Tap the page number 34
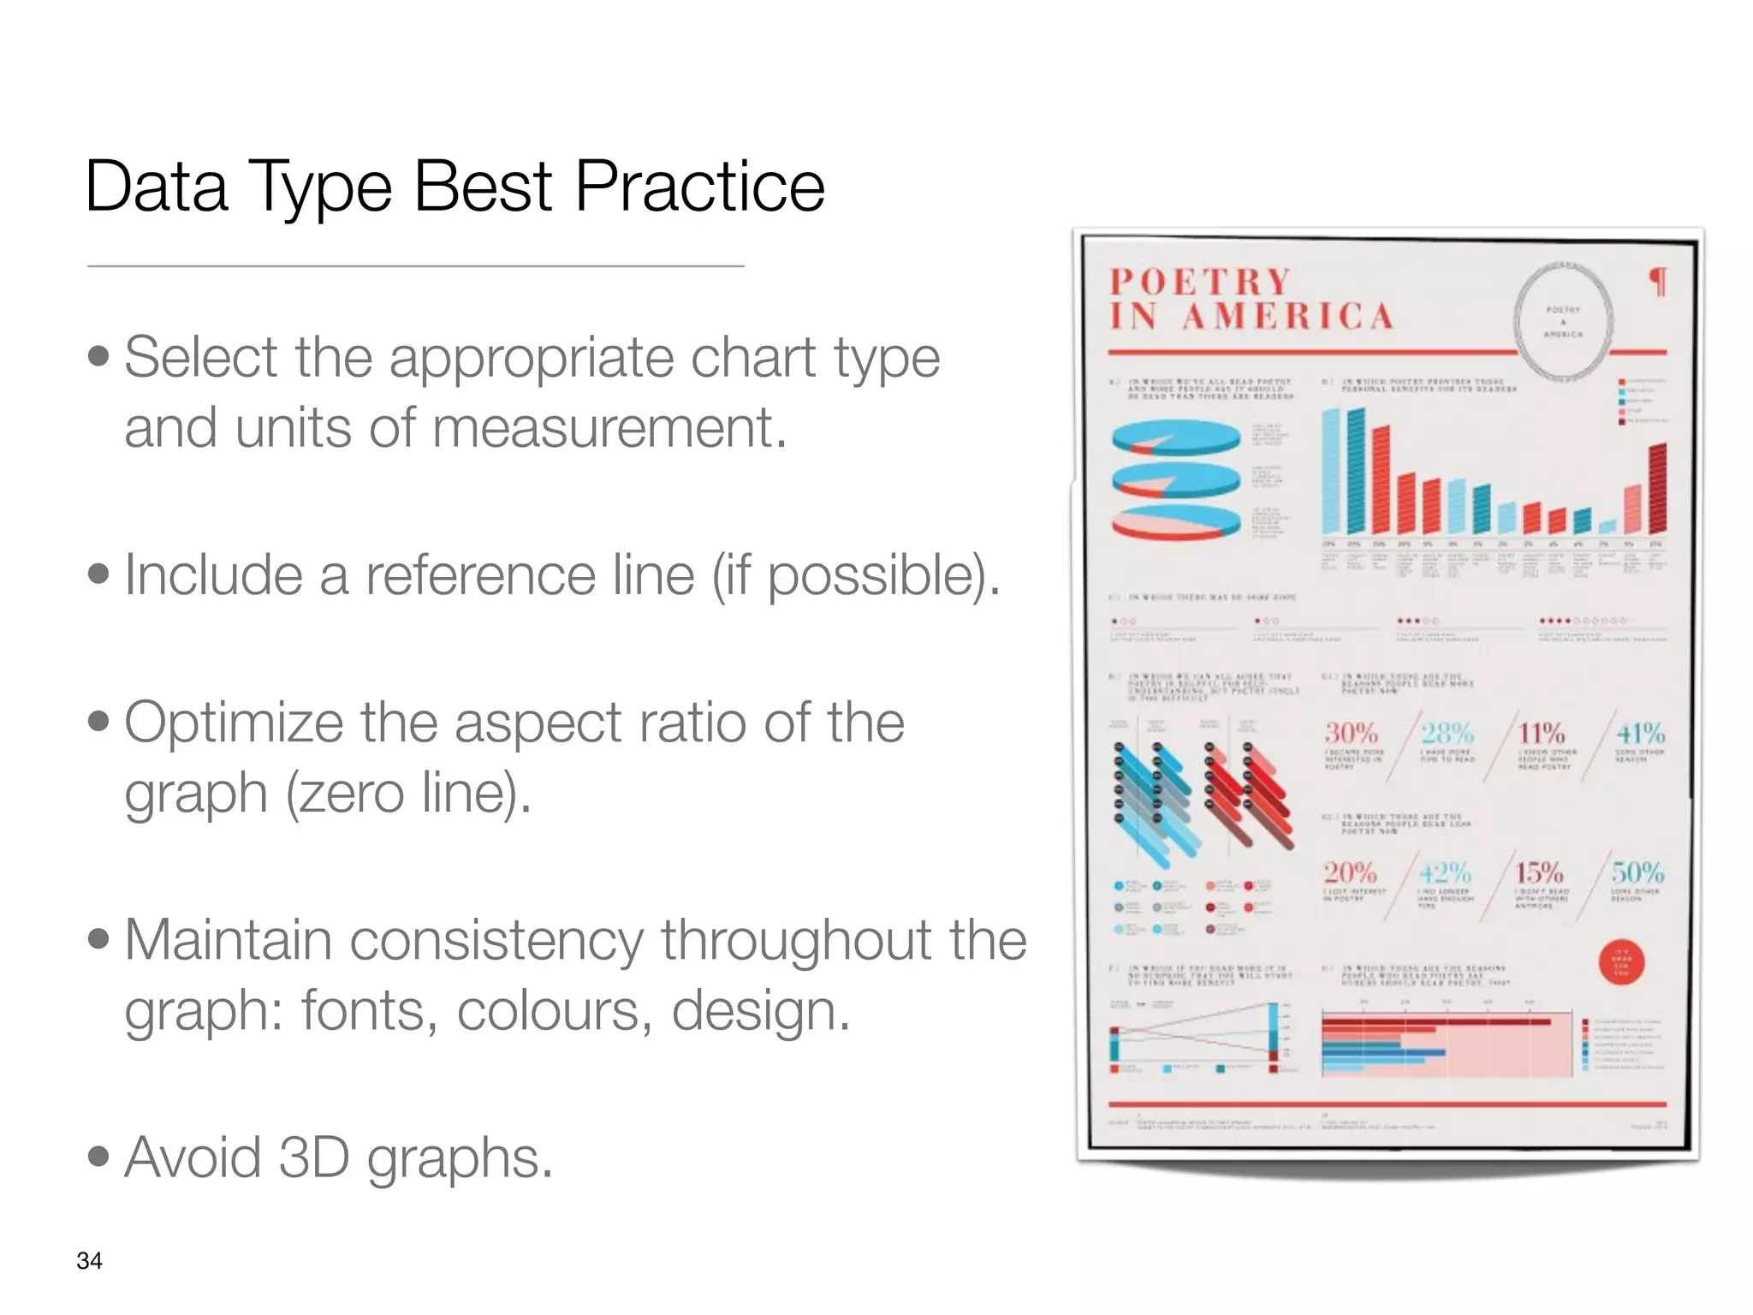coord(89,1260)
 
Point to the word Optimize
coord(234,723)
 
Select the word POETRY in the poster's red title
coord(1200,282)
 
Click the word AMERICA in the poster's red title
coord(1288,316)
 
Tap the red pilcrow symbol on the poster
coord(1658,282)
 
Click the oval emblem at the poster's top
coord(1563,320)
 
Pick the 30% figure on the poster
coord(1351,733)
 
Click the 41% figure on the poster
coord(1640,733)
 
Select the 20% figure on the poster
coord(1350,872)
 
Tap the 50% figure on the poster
coord(1637,872)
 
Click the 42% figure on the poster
coord(1445,872)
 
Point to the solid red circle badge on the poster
coord(1621,963)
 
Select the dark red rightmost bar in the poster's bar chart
coord(1658,488)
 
